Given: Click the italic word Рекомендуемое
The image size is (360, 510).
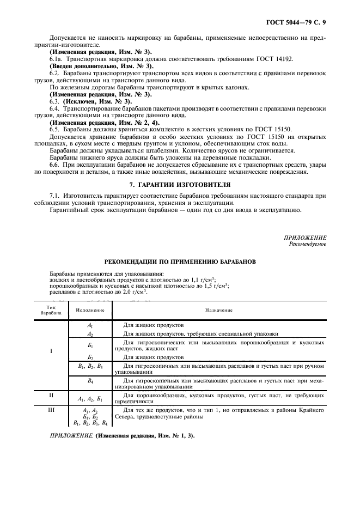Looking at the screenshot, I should tap(308, 244).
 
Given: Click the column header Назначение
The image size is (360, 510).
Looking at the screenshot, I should tap(219, 309).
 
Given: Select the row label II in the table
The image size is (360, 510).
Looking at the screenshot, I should tap(51, 395).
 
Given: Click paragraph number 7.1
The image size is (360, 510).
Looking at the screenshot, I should tap(54, 196).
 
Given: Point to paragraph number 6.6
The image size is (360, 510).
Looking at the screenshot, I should tap(54, 165).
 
